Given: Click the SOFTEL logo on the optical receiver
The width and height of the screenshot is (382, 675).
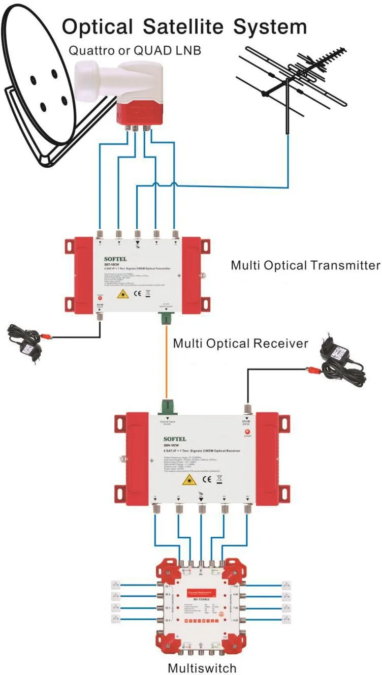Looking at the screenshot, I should [x=175, y=438].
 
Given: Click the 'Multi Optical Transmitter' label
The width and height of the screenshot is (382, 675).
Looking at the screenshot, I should [x=305, y=265].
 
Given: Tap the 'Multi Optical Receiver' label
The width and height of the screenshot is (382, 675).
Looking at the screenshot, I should [x=240, y=344].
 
